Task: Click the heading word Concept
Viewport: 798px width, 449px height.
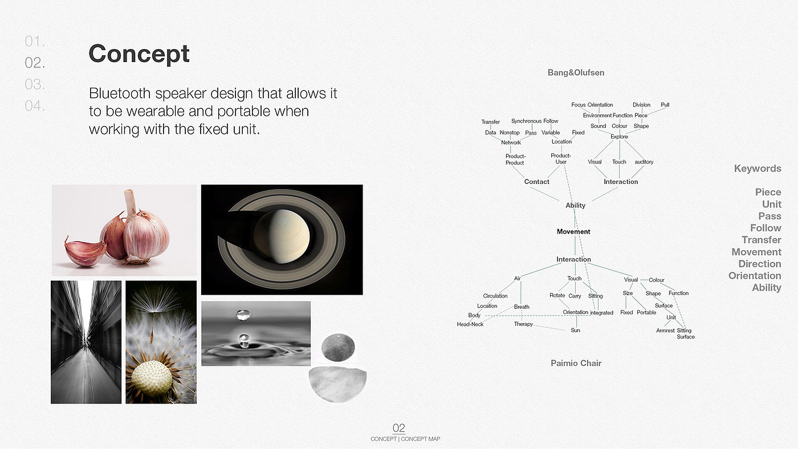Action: [x=139, y=54]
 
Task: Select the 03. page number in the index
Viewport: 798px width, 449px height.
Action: [x=35, y=84]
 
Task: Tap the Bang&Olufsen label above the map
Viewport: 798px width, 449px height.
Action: [x=576, y=72]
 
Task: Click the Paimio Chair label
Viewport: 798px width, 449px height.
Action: [x=576, y=363]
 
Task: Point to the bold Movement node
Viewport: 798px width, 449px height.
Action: [x=573, y=231]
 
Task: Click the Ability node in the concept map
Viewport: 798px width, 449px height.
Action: [x=575, y=206]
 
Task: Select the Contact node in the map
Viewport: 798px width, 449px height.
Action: [x=536, y=182]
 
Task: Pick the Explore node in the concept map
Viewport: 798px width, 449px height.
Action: [x=619, y=137]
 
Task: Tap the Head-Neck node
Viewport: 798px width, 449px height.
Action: [x=470, y=324]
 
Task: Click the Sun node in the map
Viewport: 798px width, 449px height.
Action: [x=575, y=330]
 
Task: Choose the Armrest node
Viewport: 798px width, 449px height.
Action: [x=665, y=330]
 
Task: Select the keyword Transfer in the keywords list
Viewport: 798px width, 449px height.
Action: [x=762, y=240]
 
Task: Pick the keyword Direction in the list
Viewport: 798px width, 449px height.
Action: [x=759, y=264]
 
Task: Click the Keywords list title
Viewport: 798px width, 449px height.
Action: [x=758, y=169]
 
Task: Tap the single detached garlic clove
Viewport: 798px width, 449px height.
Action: [x=85, y=252]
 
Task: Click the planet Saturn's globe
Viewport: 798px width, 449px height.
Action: [x=282, y=236]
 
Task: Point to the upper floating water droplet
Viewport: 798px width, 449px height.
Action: [x=243, y=315]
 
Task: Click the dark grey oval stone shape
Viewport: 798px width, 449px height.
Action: [x=338, y=348]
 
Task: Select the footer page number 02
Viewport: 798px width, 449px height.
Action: [x=398, y=428]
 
